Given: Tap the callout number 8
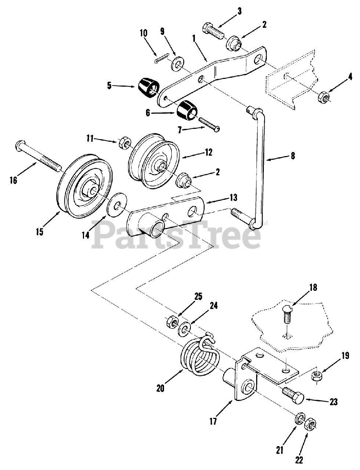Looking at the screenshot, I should tap(292, 155).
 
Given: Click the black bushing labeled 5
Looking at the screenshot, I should tap(149, 88).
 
